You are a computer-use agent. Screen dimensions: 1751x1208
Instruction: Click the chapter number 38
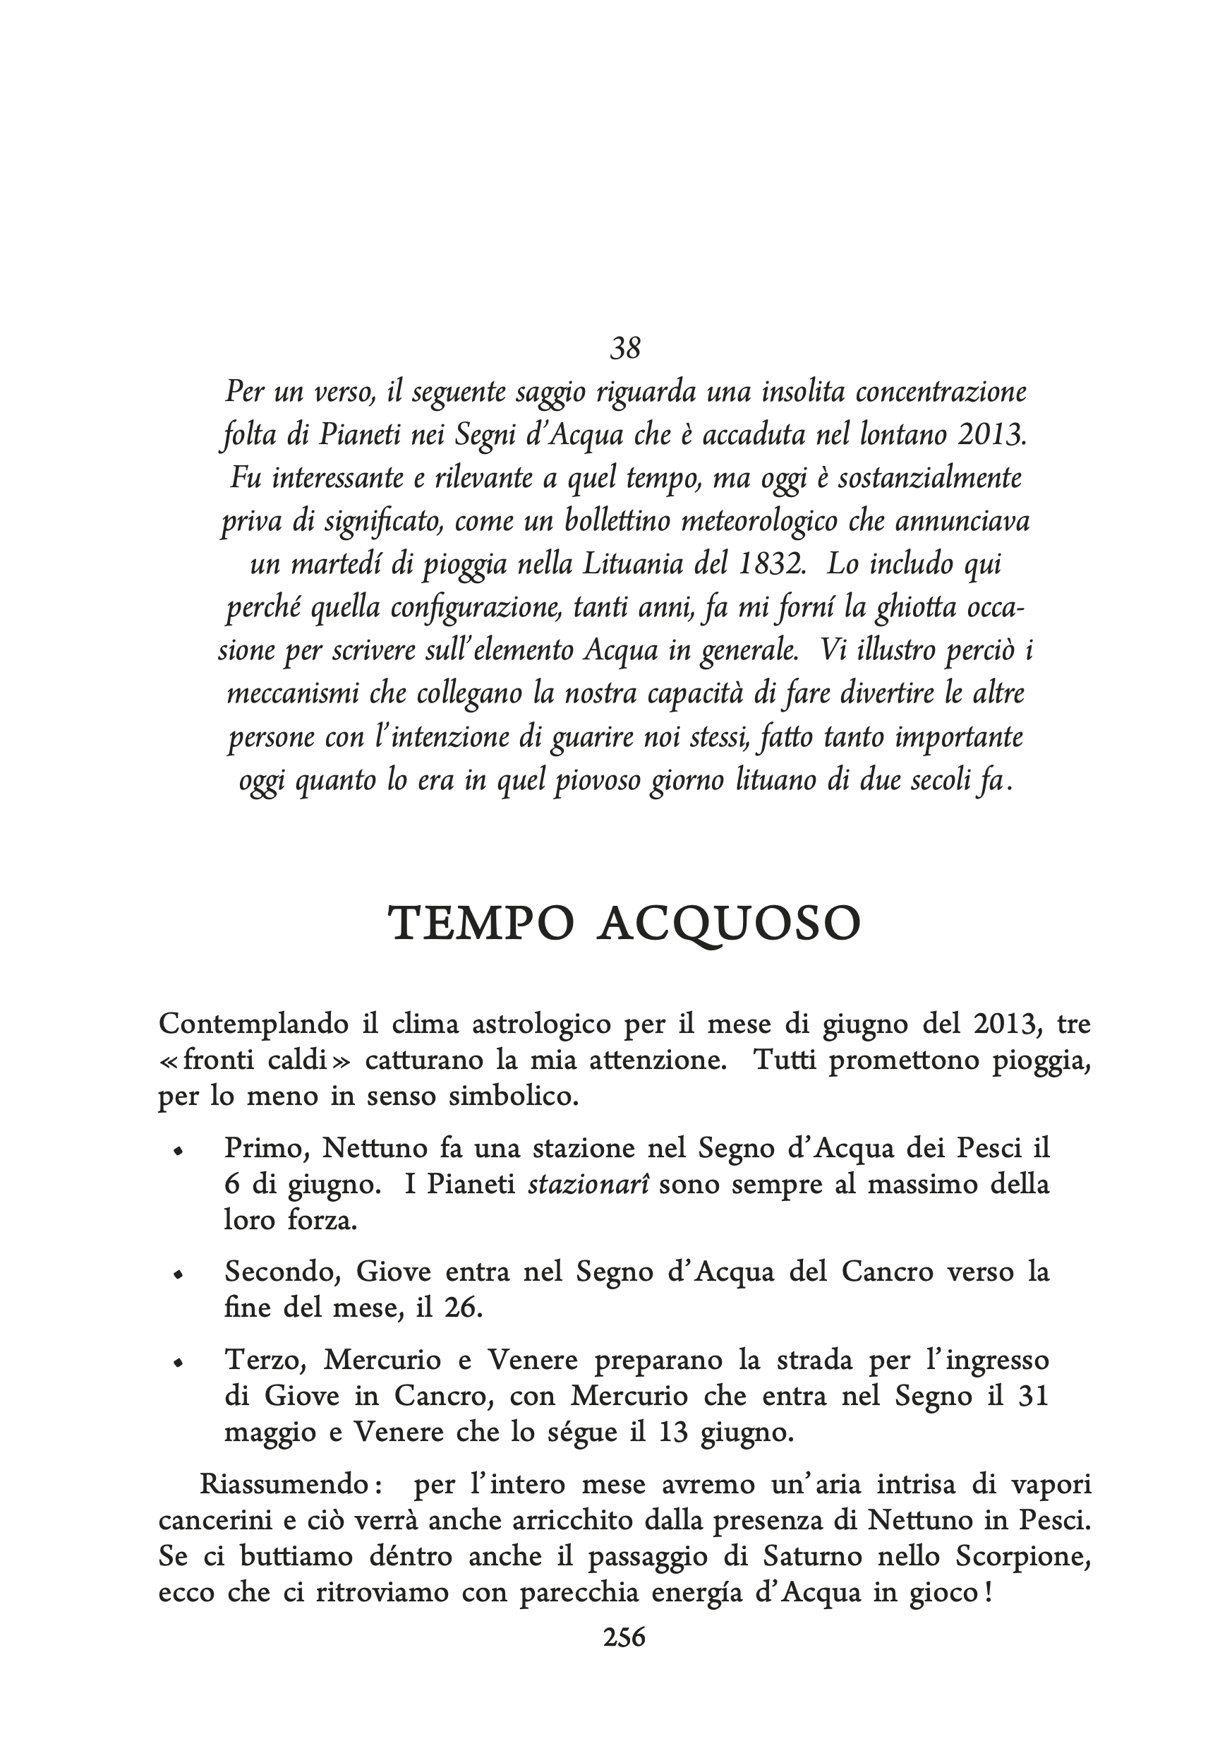(x=625, y=347)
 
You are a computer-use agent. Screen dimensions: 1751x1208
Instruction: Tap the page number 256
(x=624, y=1637)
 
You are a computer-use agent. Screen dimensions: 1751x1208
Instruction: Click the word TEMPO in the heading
(x=481, y=924)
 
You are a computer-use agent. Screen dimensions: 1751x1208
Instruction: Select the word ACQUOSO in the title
(x=729, y=924)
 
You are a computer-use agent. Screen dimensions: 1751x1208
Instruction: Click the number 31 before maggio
(x=1033, y=1396)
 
